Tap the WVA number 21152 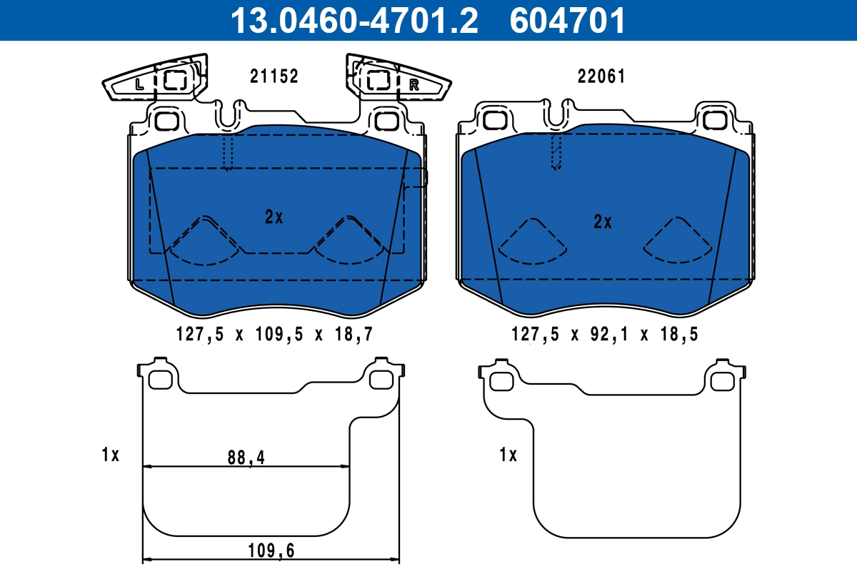point(274,77)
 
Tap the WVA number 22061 point(601,77)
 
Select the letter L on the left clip point(139,84)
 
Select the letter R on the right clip point(414,85)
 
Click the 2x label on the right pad point(603,222)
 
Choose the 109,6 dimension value point(271,550)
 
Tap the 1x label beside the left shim point(110,454)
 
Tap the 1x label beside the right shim point(508,454)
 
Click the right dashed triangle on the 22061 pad point(678,240)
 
